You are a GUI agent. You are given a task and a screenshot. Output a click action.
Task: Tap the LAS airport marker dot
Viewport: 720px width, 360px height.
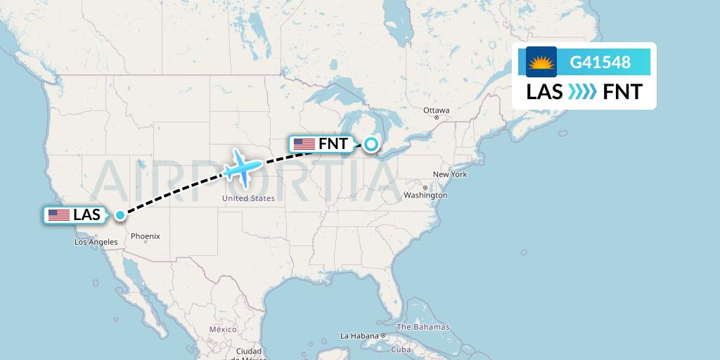pos(121,215)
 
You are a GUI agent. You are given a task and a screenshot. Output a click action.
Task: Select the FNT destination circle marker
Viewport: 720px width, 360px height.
pos(371,144)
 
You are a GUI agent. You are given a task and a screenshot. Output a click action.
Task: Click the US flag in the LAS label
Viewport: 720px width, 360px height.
pos(59,215)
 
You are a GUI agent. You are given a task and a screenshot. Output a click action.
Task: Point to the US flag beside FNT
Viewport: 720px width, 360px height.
pos(304,144)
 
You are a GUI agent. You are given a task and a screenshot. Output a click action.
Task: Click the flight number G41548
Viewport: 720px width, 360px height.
pos(600,62)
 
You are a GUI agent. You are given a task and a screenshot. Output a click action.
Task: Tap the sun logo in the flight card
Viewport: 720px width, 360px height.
pos(541,62)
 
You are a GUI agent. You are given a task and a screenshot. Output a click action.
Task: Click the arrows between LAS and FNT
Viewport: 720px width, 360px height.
pos(583,92)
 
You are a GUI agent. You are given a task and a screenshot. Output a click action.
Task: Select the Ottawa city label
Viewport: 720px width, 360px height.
pos(436,110)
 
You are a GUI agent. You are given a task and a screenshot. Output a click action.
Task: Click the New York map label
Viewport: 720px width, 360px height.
pos(450,174)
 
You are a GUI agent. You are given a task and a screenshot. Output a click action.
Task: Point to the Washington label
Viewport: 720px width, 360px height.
pos(426,195)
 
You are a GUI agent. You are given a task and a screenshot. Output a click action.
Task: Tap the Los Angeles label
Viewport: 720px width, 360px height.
pos(96,242)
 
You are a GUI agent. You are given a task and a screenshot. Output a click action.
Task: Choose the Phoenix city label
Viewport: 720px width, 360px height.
pos(146,236)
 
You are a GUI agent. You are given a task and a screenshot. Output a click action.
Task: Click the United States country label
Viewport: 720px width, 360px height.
pos(248,198)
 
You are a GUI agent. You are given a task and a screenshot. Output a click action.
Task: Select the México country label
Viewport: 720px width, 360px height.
pos(223,329)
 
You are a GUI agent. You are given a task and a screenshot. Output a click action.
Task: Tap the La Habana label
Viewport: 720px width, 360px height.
pos(359,336)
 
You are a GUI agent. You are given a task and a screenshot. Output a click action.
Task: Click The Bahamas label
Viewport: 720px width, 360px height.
pos(423,327)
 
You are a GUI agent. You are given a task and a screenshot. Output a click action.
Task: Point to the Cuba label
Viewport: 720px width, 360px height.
pos(401,349)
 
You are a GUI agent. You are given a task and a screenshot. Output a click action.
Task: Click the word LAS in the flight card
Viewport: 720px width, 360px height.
pos(544,92)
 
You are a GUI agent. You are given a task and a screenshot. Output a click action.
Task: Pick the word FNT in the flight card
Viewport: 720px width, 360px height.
pos(622,92)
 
